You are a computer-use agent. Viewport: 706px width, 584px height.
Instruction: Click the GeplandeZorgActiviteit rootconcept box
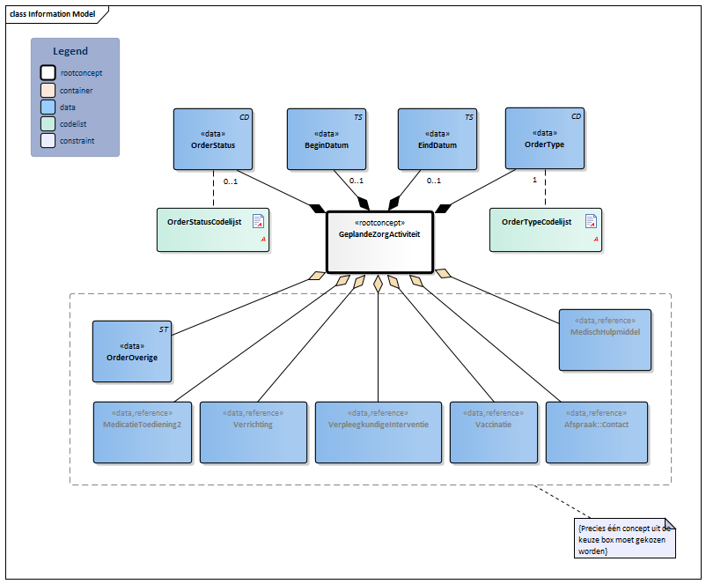[379, 241]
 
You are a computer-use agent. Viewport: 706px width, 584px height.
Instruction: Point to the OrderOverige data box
[132, 351]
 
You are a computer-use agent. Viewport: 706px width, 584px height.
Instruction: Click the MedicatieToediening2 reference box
[142, 432]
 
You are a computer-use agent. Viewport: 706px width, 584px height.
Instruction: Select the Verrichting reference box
[253, 432]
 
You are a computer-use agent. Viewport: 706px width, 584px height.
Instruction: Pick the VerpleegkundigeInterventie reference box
[379, 432]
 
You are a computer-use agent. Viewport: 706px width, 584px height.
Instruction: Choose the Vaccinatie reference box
[492, 432]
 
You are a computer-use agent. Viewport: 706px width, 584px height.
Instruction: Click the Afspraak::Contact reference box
[596, 432]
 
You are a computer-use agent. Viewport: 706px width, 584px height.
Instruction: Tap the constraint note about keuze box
[624, 539]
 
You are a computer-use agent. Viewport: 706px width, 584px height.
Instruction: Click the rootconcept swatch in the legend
[48, 73]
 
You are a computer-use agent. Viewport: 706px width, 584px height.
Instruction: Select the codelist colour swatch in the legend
[48, 123]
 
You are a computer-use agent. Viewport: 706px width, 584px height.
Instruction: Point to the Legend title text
[70, 52]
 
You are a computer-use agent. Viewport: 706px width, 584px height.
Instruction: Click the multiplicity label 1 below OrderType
[535, 180]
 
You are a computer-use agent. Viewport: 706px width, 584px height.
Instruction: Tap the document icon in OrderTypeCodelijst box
[592, 220]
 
